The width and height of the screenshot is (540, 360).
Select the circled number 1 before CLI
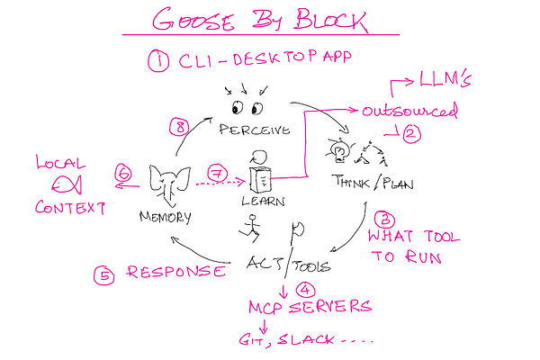(158, 62)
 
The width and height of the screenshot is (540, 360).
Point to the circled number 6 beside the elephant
(125, 170)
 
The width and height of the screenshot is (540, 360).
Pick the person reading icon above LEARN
(259, 172)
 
